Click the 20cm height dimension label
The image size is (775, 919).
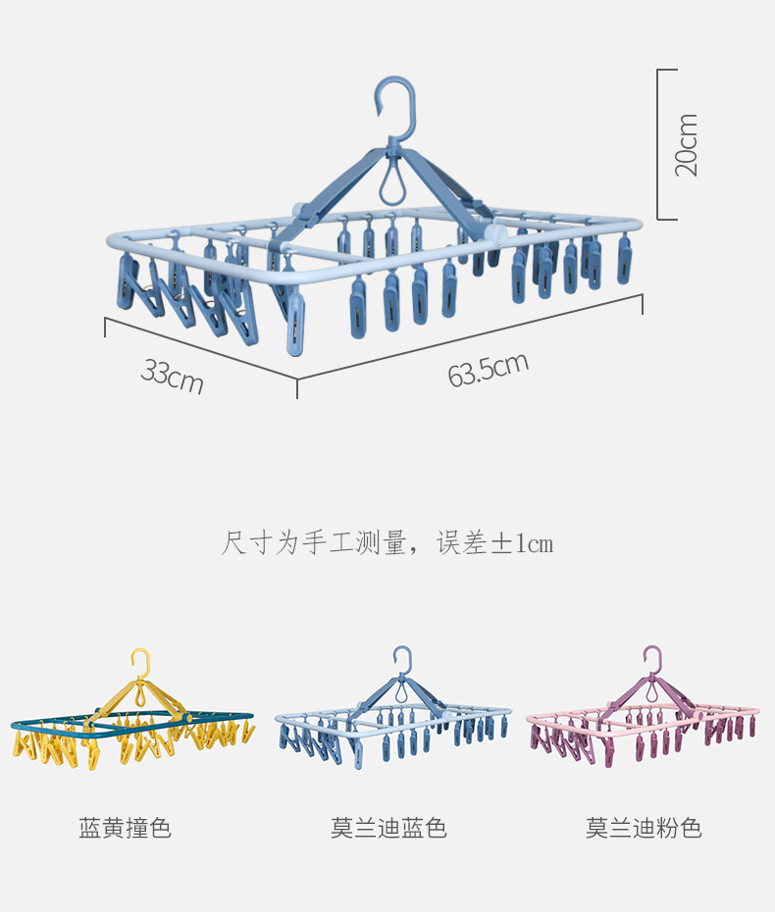[x=687, y=145]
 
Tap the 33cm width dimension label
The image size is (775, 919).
[x=173, y=376]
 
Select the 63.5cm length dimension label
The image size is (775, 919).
[x=488, y=369]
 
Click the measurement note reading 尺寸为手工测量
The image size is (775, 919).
[x=314, y=542]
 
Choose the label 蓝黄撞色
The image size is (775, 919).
[x=126, y=829]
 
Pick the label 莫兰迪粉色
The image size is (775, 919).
[x=644, y=829]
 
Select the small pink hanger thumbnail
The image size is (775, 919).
[x=644, y=721]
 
